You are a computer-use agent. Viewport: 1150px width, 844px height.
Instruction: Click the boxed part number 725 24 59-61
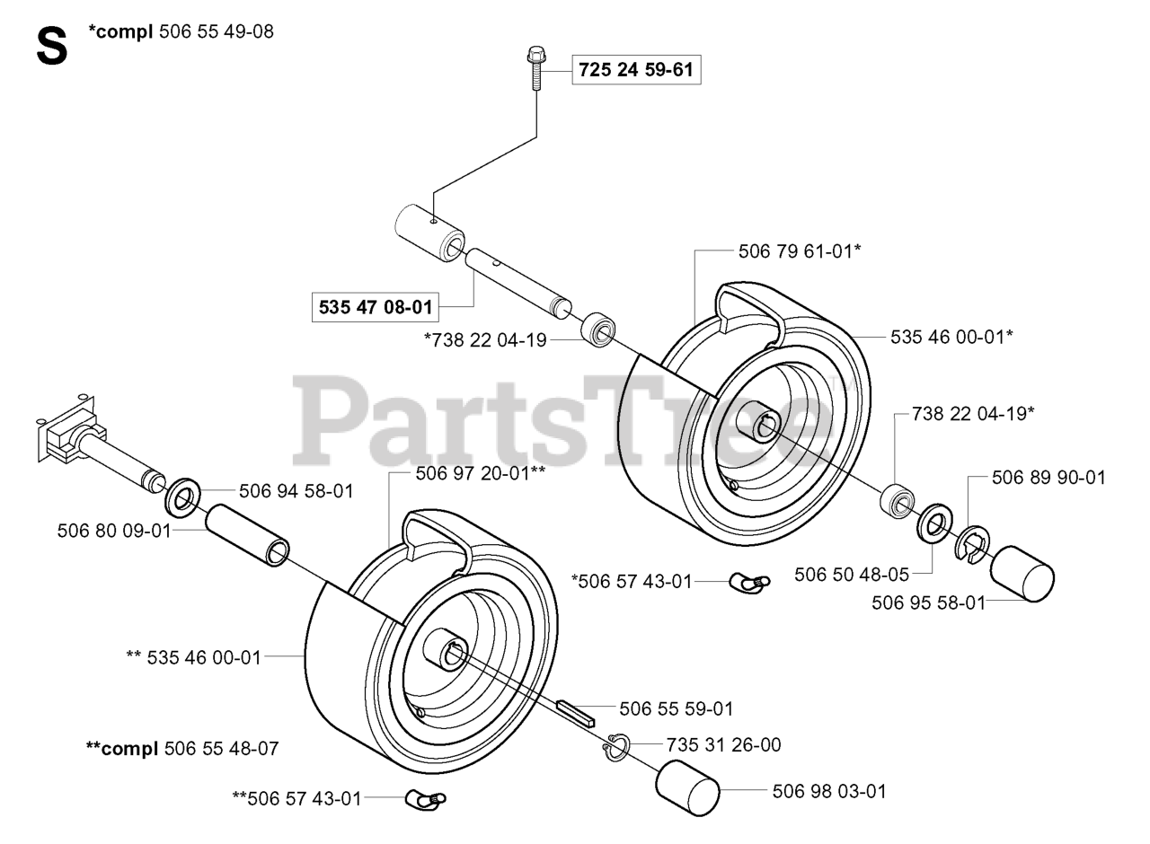click(x=636, y=69)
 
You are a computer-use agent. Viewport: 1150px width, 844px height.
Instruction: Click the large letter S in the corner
click(x=52, y=47)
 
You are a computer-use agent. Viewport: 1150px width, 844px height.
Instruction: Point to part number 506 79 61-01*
click(x=800, y=252)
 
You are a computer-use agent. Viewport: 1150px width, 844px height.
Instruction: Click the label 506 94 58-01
click(x=296, y=491)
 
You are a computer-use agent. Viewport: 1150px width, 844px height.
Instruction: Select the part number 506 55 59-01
click(x=677, y=709)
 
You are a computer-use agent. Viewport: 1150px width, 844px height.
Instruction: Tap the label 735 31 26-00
click(x=724, y=745)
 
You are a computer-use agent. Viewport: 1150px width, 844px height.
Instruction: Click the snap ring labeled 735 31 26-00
click(x=615, y=747)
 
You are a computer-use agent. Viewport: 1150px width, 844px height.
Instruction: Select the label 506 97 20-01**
click(x=481, y=473)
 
